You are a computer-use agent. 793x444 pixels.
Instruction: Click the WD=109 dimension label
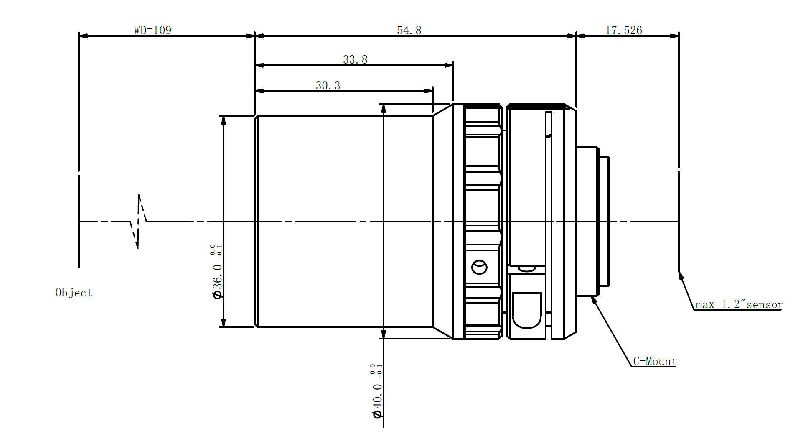pyautogui.click(x=152, y=30)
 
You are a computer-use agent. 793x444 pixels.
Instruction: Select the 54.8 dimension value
pyautogui.click(x=409, y=30)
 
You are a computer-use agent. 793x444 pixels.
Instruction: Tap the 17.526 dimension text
pyautogui.click(x=623, y=30)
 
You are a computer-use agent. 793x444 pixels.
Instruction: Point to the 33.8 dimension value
pyautogui.click(x=355, y=59)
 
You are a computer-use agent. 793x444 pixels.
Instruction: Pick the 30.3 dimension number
pyautogui.click(x=328, y=85)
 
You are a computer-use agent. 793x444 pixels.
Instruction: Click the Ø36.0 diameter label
pyautogui.click(x=217, y=272)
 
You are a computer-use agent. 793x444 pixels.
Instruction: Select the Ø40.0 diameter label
pyautogui.click(x=377, y=391)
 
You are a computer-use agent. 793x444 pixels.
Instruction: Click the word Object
pyautogui.click(x=74, y=293)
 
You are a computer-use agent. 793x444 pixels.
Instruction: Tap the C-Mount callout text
pyautogui.click(x=655, y=361)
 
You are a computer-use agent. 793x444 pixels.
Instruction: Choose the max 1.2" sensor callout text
pyautogui.click(x=739, y=304)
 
